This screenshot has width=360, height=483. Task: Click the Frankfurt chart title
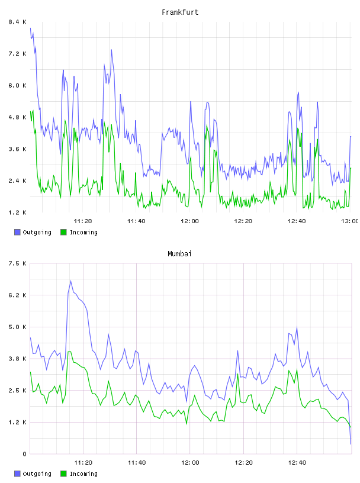pyautogui.click(x=180, y=12)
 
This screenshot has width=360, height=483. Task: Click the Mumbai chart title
pyautogui.click(x=179, y=254)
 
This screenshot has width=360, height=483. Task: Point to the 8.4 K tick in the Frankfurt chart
pyautogui.click(x=17, y=22)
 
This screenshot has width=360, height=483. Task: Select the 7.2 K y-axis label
pyautogui.click(x=17, y=54)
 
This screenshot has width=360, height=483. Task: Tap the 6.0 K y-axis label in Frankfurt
pyautogui.click(x=17, y=85)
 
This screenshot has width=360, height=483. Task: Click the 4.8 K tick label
pyautogui.click(x=17, y=117)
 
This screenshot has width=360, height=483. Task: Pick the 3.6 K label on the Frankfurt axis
pyautogui.click(x=17, y=149)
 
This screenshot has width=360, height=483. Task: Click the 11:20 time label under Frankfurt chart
pyautogui.click(x=83, y=221)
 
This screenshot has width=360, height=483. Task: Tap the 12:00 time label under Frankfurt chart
pyautogui.click(x=190, y=221)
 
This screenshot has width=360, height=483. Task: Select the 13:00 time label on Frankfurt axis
pyautogui.click(x=350, y=221)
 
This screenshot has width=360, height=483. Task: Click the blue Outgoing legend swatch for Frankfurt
pyautogui.click(x=17, y=232)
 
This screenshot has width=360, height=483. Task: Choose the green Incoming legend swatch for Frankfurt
pyautogui.click(x=63, y=232)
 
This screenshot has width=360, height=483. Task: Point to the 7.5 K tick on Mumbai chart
pyautogui.click(x=17, y=263)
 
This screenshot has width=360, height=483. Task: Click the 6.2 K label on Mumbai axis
pyautogui.click(x=17, y=295)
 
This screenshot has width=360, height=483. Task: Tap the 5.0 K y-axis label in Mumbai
pyautogui.click(x=17, y=327)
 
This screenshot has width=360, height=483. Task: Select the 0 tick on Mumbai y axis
pyautogui.click(x=24, y=454)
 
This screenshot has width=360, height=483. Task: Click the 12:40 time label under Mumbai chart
pyautogui.click(x=297, y=462)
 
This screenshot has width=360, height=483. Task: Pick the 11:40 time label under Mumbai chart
pyautogui.click(x=137, y=462)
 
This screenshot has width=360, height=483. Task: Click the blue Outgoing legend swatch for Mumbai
pyautogui.click(x=17, y=474)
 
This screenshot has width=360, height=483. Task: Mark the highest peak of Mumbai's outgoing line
pyautogui.click(x=70, y=281)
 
